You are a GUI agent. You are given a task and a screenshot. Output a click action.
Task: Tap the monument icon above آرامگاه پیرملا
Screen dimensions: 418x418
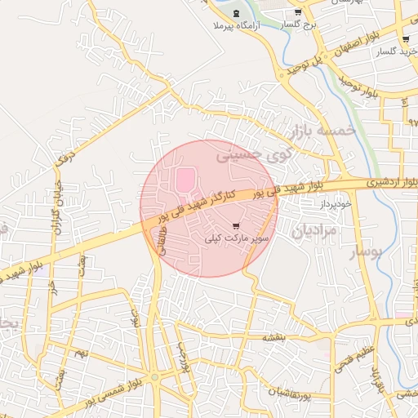point(237,14)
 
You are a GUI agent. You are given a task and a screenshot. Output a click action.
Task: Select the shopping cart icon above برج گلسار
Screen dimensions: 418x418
point(298,12)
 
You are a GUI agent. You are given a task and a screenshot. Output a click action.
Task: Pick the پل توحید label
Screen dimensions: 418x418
point(306,63)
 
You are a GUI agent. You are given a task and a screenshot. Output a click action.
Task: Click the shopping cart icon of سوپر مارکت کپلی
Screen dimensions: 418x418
point(236,225)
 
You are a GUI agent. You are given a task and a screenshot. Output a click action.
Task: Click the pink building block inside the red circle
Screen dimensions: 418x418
point(186,178)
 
